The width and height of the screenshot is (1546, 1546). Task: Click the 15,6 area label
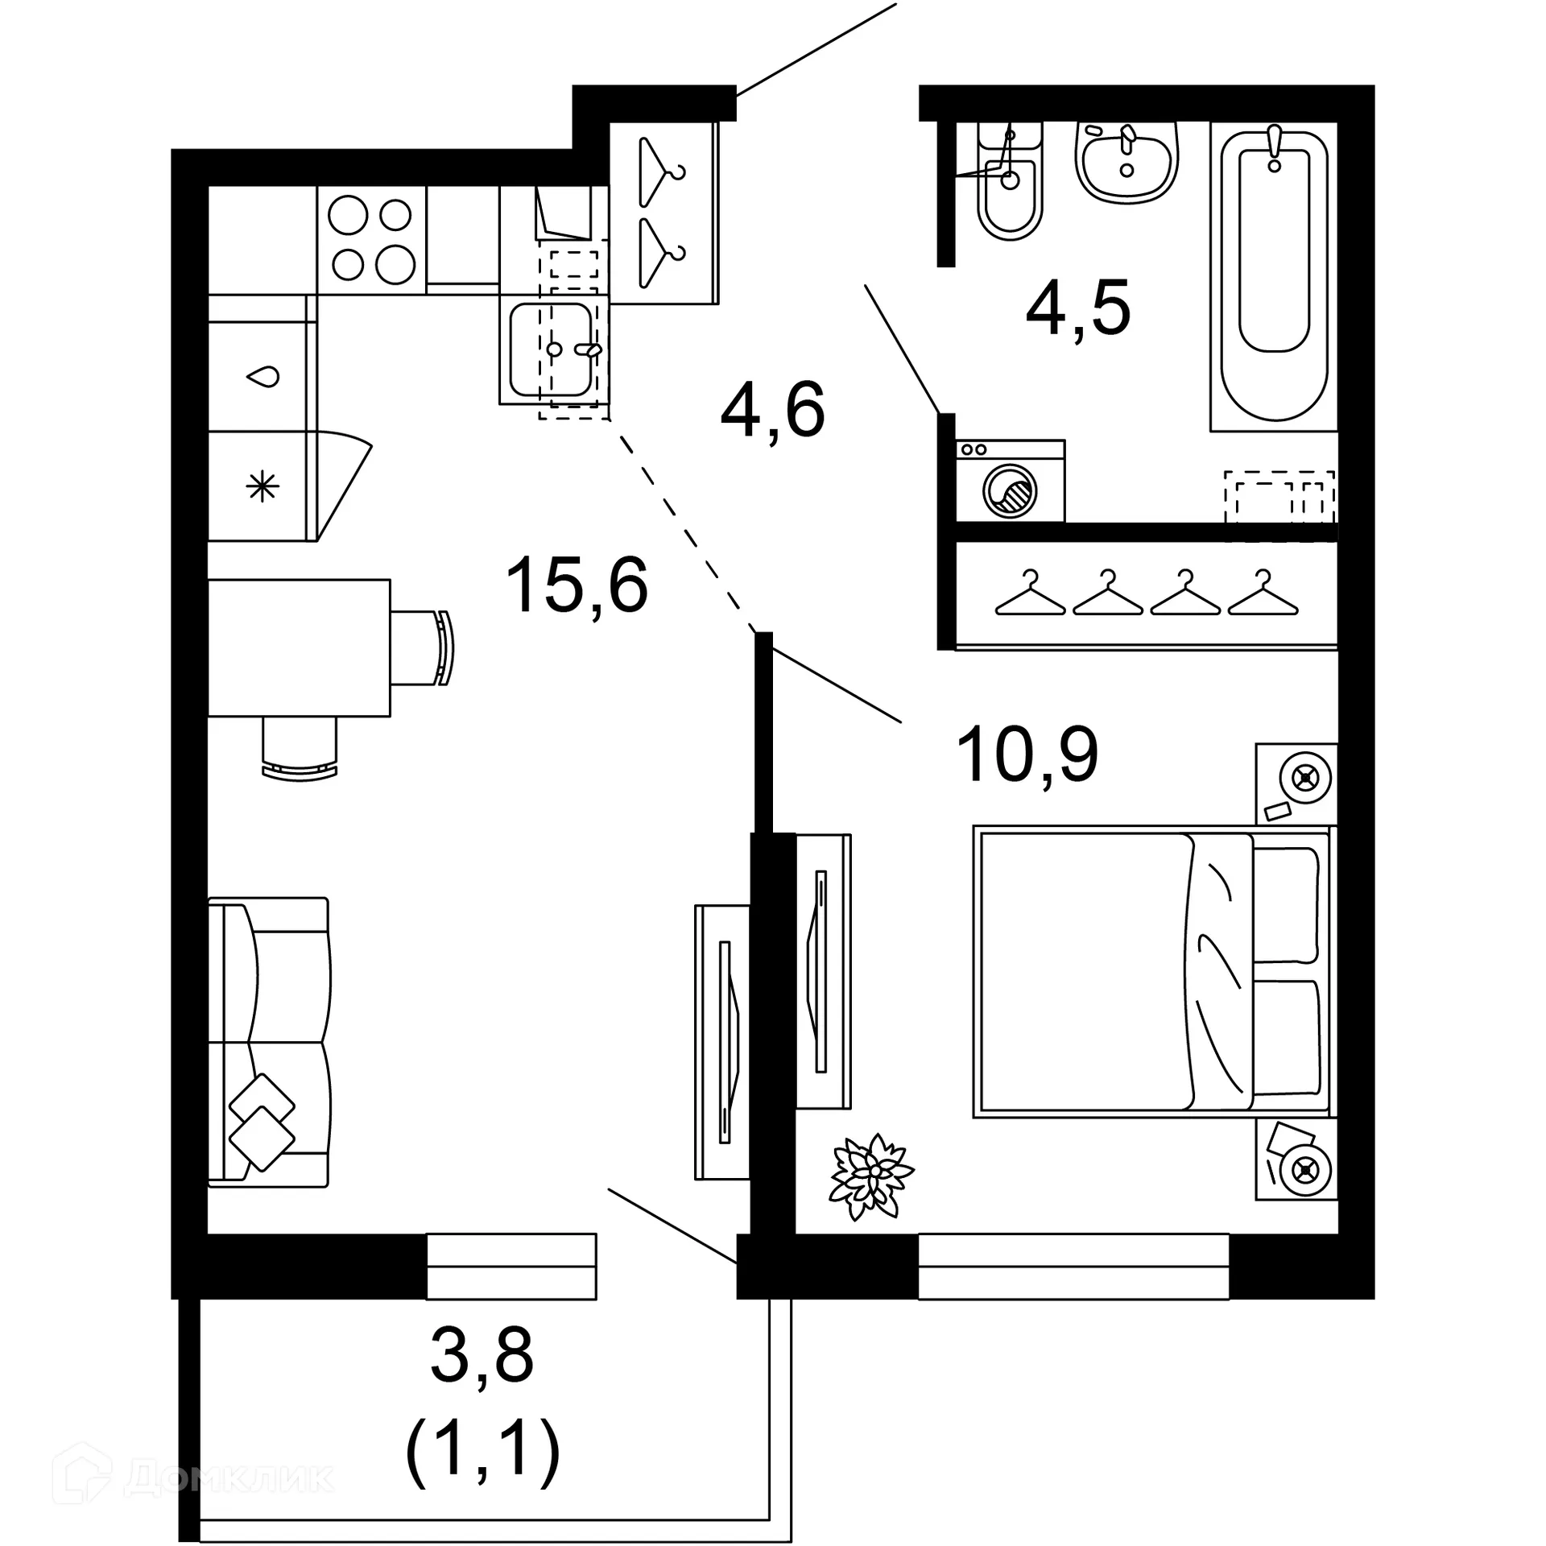click(x=577, y=585)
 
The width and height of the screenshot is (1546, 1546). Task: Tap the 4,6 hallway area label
click(x=772, y=410)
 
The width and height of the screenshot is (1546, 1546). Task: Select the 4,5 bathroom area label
click(x=1078, y=308)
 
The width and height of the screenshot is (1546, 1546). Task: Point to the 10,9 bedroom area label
click(x=1027, y=754)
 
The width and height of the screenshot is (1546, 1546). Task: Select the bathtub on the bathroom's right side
click(x=1273, y=274)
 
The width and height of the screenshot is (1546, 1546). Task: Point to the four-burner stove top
click(x=371, y=240)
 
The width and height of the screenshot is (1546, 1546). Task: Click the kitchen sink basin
click(x=552, y=350)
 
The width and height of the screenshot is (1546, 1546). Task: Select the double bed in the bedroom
click(x=1151, y=972)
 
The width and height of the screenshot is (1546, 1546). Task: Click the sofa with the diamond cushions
click(x=269, y=1042)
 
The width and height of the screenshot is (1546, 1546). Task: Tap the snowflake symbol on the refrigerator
click(x=262, y=486)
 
